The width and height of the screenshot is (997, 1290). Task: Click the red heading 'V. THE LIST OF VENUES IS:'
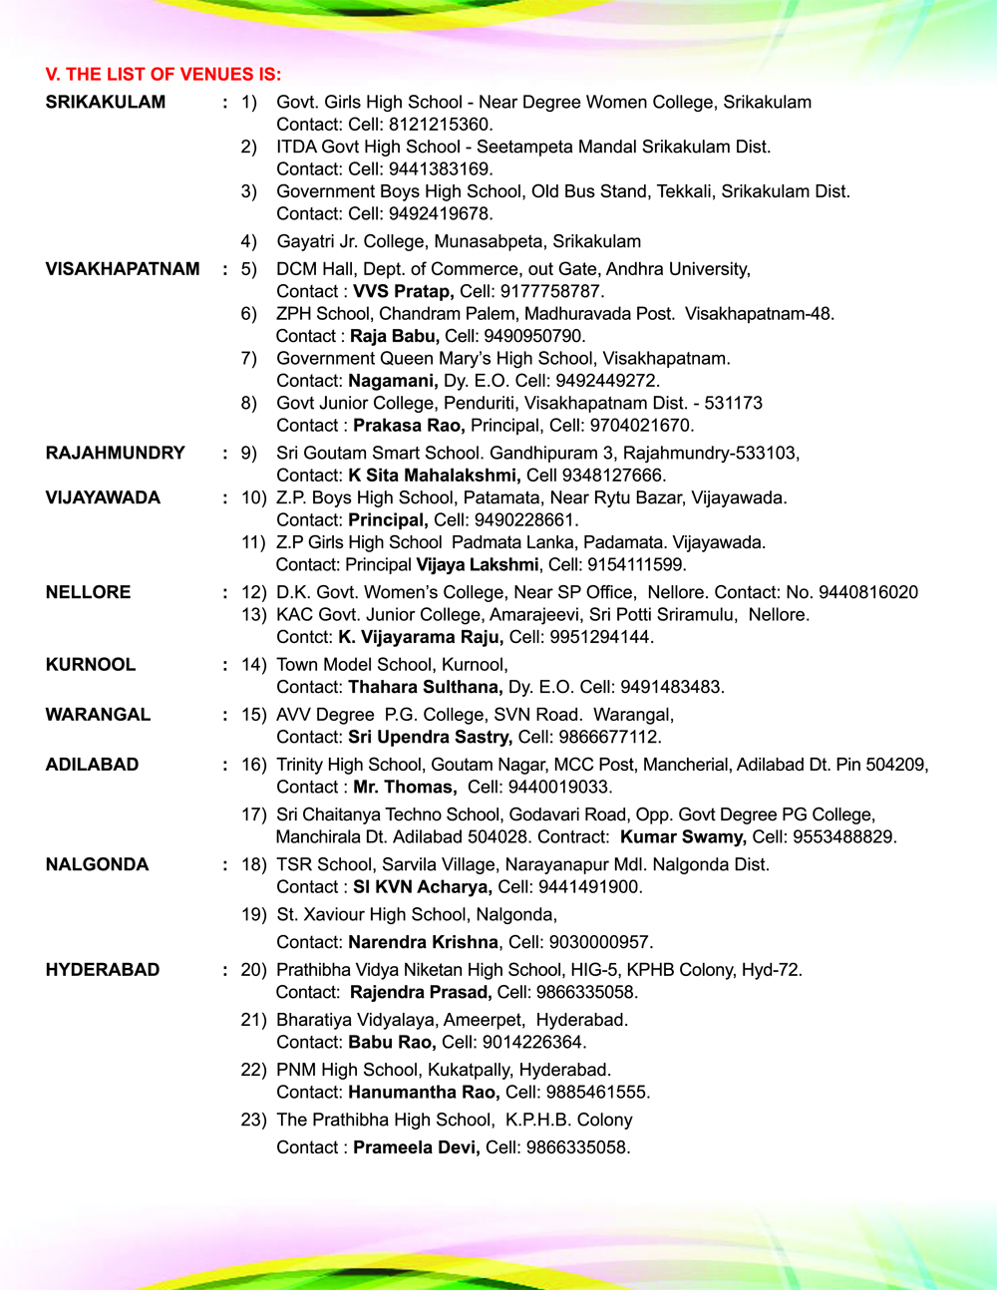click(x=164, y=75)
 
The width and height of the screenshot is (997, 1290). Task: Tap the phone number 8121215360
click(x=440, y=125)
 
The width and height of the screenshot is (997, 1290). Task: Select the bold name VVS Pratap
click(x=404, y=291)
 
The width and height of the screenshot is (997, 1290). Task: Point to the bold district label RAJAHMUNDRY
click(x=116, y=453)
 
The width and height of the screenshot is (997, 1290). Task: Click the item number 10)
click(x=254, y=497)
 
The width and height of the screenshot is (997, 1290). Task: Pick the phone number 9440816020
click(x=864, y=592)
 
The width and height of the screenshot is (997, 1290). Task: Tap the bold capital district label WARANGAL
click(x=98, y=715)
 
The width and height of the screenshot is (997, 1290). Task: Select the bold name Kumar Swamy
click(x=683, y=836)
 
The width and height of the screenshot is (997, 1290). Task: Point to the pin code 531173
click(x=734, y=403)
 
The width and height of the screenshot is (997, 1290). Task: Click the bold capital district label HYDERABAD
click(x=103, y=970)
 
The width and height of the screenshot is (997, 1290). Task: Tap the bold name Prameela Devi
click(x=417, y=1147)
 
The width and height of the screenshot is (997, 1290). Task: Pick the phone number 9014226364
click(x=534, y=1042)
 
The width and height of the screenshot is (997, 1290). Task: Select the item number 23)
click(x=254, y=1120)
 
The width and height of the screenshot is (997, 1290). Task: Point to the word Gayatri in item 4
click(x=306, y=241)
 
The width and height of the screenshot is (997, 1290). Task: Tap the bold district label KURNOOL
click(x=91, y=665)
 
